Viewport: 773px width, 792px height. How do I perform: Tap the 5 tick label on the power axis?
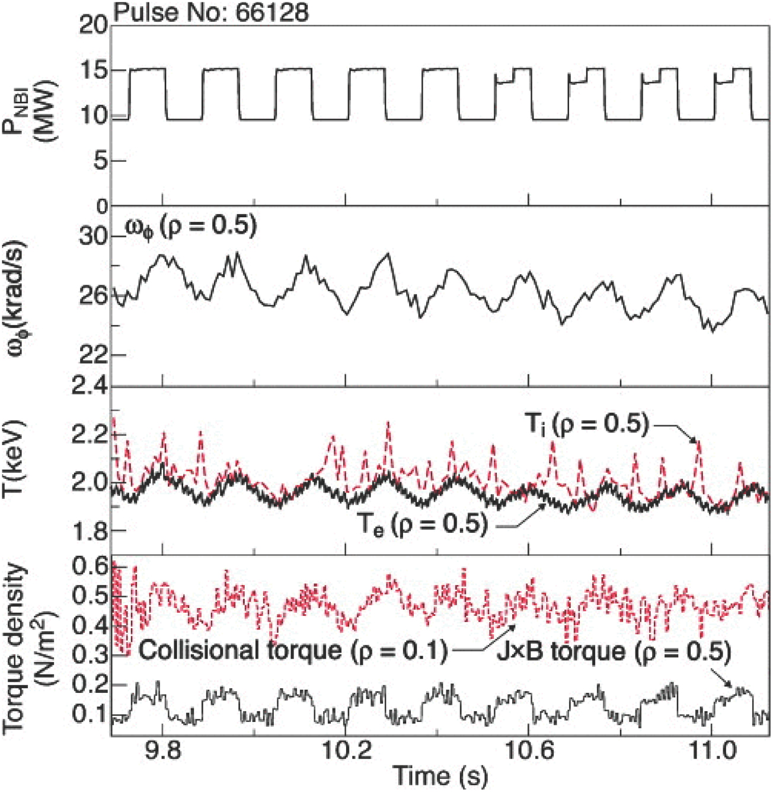(101, 161)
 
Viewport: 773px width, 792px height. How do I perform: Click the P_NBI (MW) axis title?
(36, 116)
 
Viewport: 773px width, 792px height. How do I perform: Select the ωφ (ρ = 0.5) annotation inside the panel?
(191, 227)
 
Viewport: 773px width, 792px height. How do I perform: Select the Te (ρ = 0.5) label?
(423, 524)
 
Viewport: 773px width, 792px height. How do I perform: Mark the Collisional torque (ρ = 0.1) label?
(293, 651)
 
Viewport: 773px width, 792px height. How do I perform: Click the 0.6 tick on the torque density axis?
(89, 567)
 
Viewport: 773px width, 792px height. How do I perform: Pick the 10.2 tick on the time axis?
(345, 750)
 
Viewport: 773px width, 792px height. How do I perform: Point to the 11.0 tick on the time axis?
(711, 750)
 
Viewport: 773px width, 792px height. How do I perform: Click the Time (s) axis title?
(440, 776)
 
